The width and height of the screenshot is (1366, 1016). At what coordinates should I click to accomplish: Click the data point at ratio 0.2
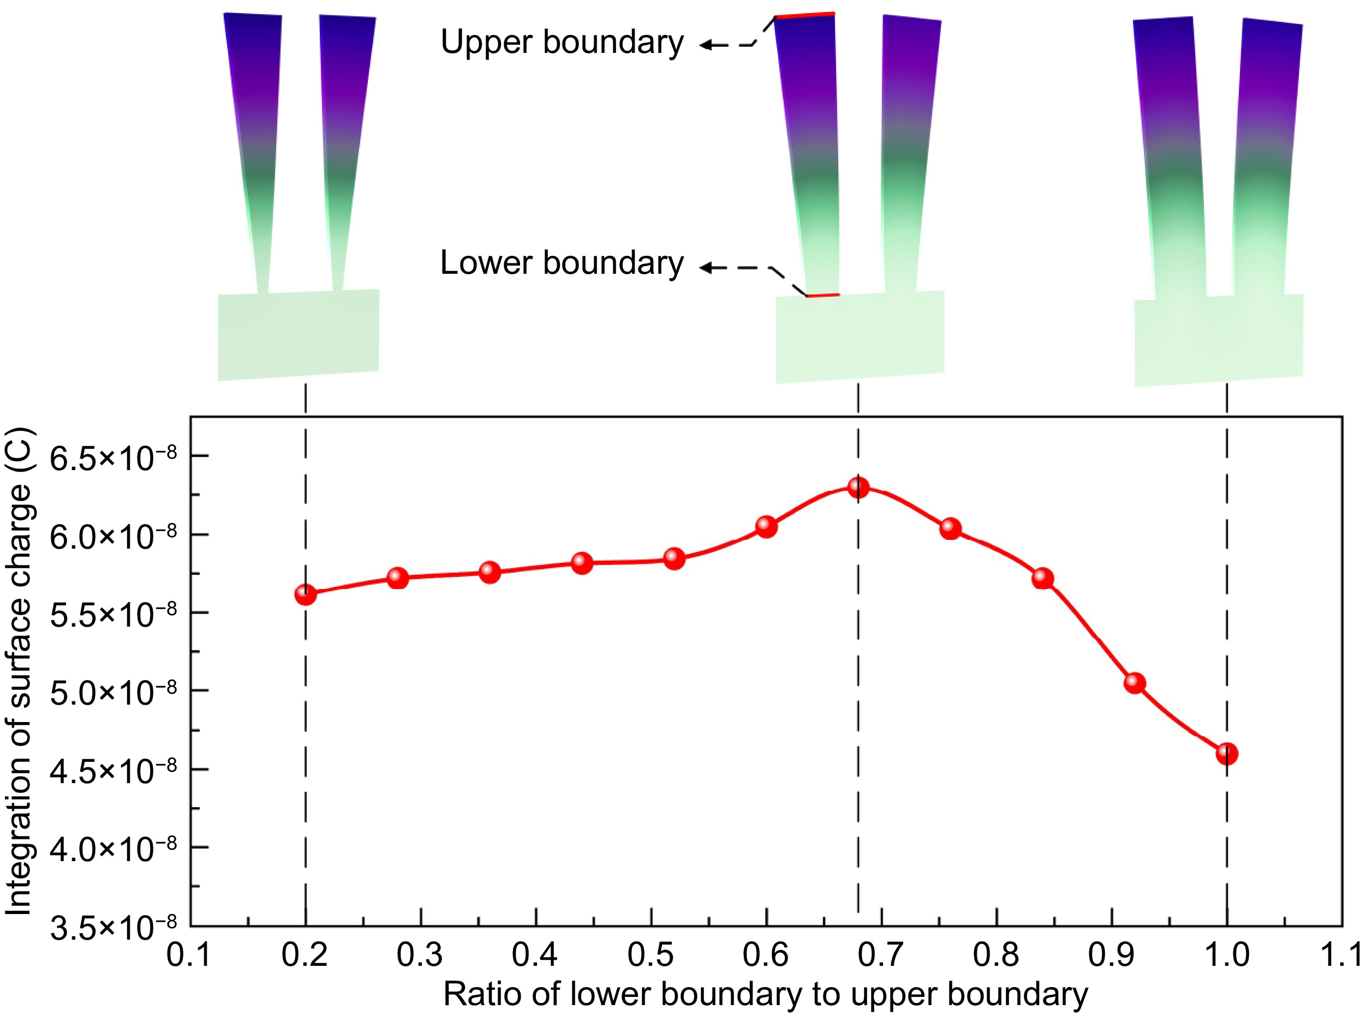coord(305,594)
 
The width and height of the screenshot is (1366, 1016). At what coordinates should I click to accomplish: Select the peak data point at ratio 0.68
coord(858,488)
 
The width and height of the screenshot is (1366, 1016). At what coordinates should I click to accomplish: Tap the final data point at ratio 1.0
coord(1226,753)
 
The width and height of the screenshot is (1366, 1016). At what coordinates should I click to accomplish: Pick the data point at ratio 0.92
coord(1134,683)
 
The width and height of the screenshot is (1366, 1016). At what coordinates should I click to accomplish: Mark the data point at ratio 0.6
coord(766,526)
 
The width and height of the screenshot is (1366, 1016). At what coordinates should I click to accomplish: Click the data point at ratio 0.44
coord(581,563)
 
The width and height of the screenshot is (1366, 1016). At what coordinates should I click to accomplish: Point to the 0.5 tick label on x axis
coord(651,955)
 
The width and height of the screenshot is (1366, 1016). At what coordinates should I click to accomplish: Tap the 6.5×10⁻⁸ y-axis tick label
coord(112,458)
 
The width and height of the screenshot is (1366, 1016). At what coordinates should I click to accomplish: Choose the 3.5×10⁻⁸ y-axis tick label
coord(112,928)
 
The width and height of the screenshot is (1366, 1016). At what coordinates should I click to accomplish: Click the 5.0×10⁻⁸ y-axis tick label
coord(112,693)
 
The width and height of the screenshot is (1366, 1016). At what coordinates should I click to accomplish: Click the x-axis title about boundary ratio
coord(766,995)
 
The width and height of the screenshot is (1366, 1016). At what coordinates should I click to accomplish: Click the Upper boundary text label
coord(562,43)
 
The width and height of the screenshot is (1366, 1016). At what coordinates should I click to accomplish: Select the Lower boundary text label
coord(562,263)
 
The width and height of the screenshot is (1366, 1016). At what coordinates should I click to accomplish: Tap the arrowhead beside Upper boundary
coord(706,44)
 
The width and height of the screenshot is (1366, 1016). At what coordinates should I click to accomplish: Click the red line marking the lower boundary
coord(822,296)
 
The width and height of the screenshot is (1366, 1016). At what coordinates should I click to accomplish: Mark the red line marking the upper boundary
coord(804,15)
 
